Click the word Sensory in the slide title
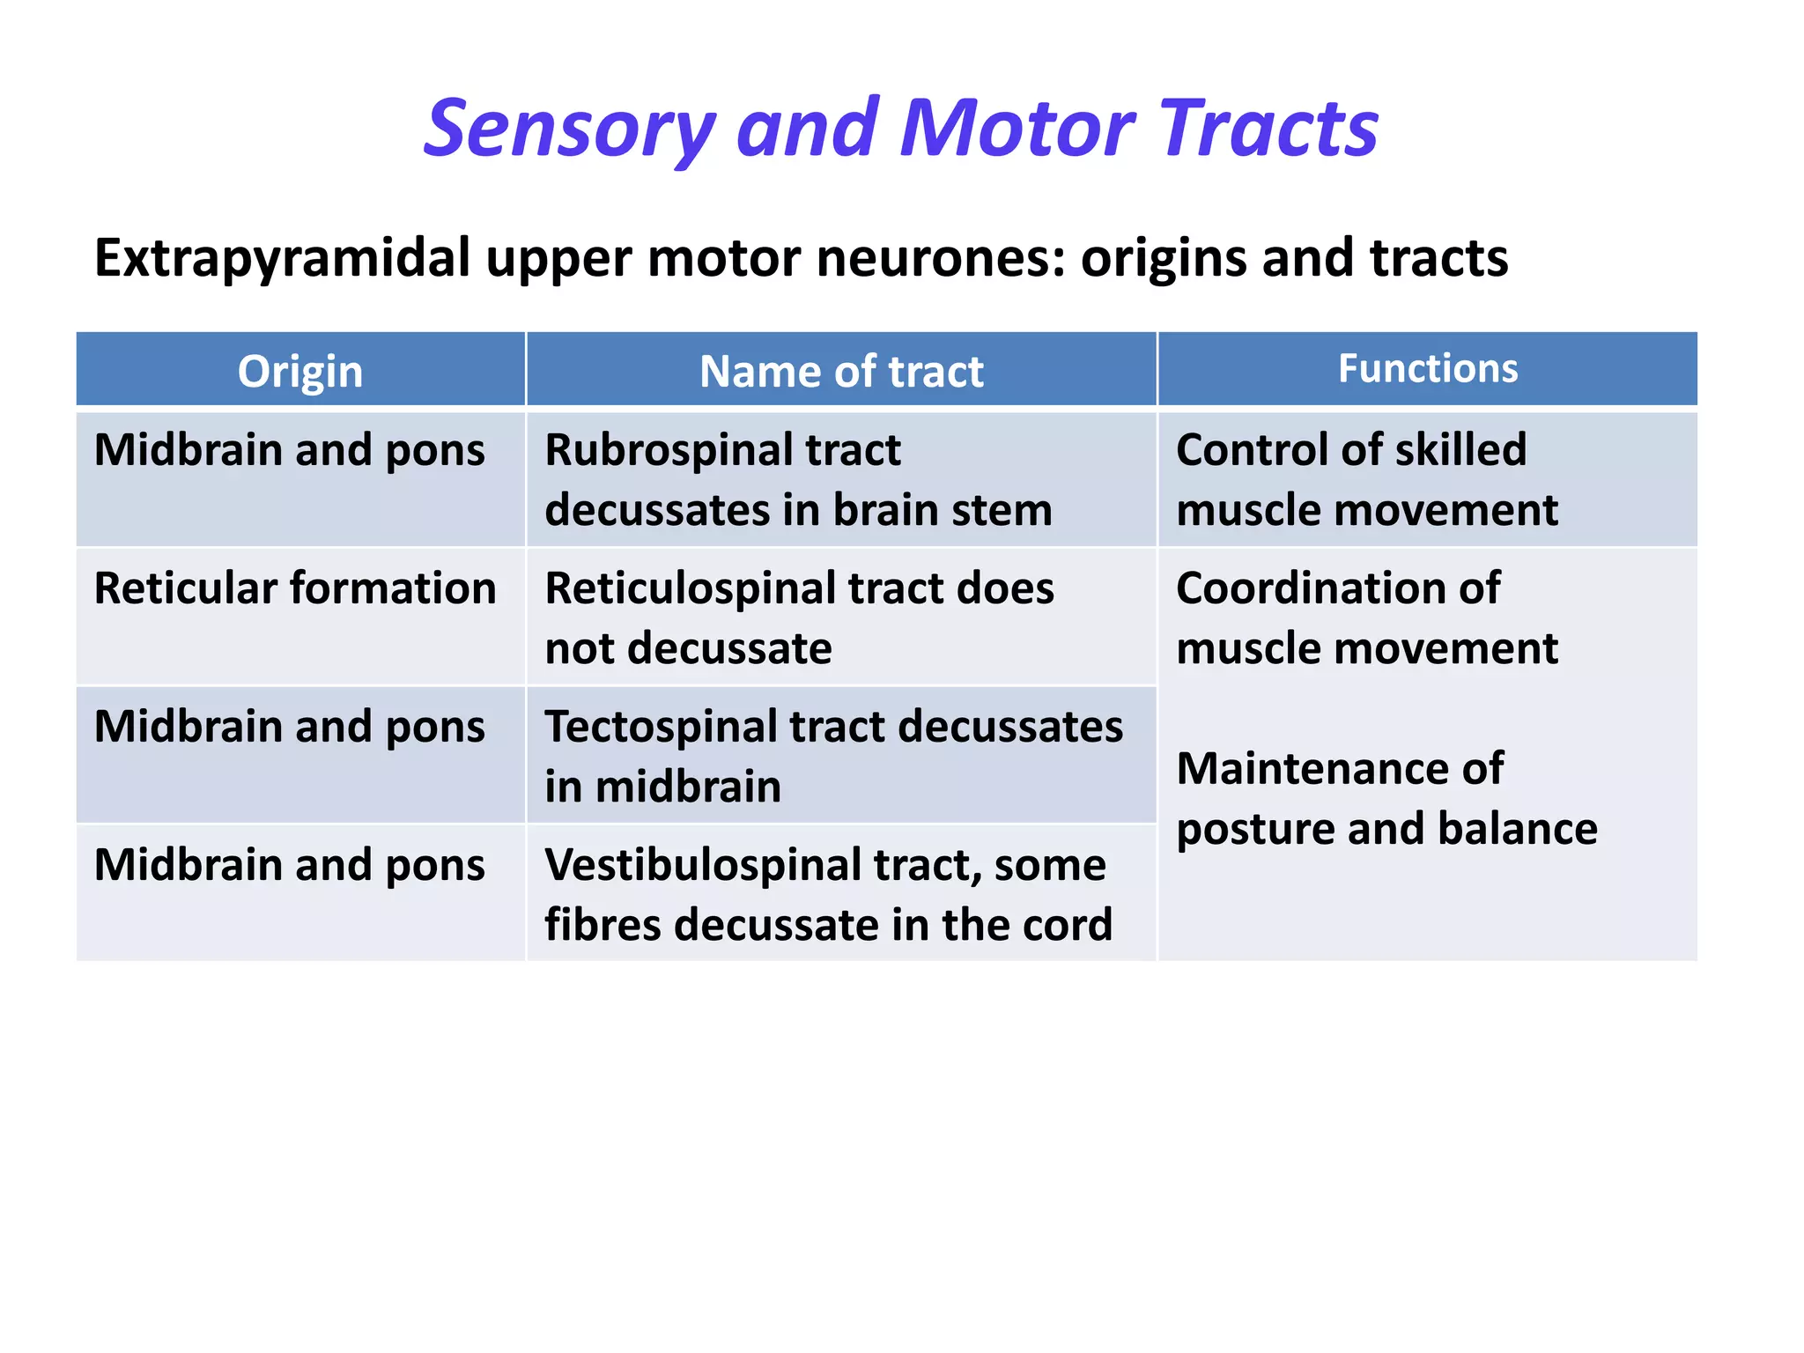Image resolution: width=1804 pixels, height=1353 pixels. [x=568, y=129]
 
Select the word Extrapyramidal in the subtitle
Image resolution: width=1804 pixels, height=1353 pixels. [x=282, y=258]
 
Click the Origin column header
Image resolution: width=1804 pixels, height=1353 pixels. [x=299, y=371]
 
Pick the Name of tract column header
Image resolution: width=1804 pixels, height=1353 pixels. [x=840, y=371]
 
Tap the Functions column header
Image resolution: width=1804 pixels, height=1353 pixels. [x=1427, y=368]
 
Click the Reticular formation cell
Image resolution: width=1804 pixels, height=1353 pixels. [x=295, y=588]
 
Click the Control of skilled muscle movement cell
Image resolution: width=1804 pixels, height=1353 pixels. [x=1366, y=480]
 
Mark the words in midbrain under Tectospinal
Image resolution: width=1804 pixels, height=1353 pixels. [x=662, y=787]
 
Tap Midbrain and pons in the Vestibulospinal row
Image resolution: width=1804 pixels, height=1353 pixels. [x=289, y=865]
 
